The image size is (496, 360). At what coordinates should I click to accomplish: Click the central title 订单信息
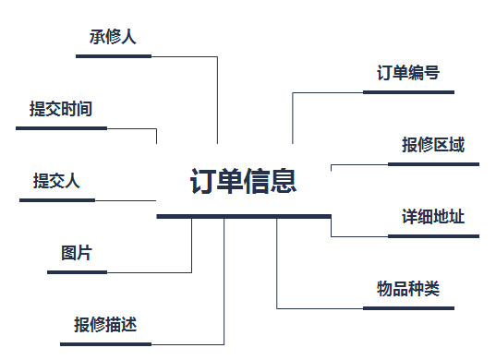[x=243, y=181]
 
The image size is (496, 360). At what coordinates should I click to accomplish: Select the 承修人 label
[x=113, y=37]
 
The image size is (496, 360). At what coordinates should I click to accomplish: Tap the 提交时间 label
[x=61, y=109]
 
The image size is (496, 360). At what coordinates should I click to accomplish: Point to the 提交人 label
[x=56, y=181]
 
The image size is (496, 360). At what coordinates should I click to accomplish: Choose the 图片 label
[x=77, y=253]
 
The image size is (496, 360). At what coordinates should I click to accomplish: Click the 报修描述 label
[x=105, y=325]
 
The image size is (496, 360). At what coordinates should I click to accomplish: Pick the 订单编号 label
[x=407, y=73]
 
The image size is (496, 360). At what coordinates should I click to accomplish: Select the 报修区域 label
[x=433, y=145]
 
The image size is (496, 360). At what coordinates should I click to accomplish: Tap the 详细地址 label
[x=433, y=217]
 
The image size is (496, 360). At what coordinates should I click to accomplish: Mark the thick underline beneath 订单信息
[x=244, y=216]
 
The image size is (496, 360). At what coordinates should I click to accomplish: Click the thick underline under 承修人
[x=113, y=56]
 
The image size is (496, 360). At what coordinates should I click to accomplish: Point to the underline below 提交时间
[x=61, y=128]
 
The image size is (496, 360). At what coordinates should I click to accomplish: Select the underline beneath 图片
[x=77, y=272]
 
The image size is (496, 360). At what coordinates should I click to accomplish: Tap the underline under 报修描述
[x=105, y=344]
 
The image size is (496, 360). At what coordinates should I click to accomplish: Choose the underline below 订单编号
[x=407, y=92]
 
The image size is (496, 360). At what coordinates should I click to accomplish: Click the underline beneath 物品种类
[x=407, y=308]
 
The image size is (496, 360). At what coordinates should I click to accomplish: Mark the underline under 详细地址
[x=433, y=236]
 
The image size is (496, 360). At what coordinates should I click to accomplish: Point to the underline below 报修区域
[x=433, y=164]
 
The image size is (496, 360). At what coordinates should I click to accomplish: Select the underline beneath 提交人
[x=56, y=200]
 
